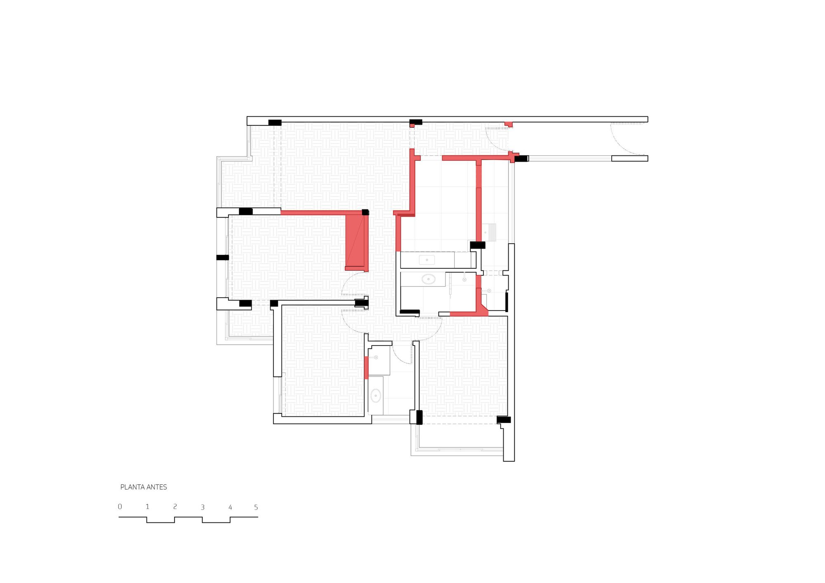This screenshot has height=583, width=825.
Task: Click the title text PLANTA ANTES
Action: pyautogui.click(x=144, y=487)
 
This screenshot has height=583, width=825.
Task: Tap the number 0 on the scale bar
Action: pyautogui.click(x=120, y=507)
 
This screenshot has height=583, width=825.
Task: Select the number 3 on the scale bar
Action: pyautogui.click(x=203, y=507)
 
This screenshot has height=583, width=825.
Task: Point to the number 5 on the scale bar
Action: pyautogui.click(x=256, y=507)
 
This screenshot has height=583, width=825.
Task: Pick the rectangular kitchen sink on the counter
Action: pyautogui.click(x=427, y=260)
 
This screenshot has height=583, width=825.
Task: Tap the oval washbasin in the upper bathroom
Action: pyautogui.click(x=428, y=279)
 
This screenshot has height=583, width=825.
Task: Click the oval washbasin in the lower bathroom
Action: pyautogui.click(x=376, y=396)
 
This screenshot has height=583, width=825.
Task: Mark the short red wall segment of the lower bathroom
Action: pyautogui.click(x=366, y=367)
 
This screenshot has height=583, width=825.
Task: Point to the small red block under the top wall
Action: pyautogui.click(x=509, y=124)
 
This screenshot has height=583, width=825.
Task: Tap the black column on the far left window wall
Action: pyautogui.click(x=222, y=258)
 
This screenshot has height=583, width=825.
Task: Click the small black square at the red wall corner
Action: pyautogui.click(x=365, y=212)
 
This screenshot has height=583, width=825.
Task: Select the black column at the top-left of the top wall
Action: pyautogui.click(x=275, y=122)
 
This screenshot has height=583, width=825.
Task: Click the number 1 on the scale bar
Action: pyautogui.click(x=147, y=507)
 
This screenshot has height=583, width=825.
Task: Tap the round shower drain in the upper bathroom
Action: pyautogui.click(x=464, y=280)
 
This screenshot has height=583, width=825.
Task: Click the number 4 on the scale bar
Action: pyautogui.click(x=230, y=507)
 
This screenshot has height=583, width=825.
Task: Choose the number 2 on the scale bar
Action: pyautogui.click(x=175, y=507)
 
